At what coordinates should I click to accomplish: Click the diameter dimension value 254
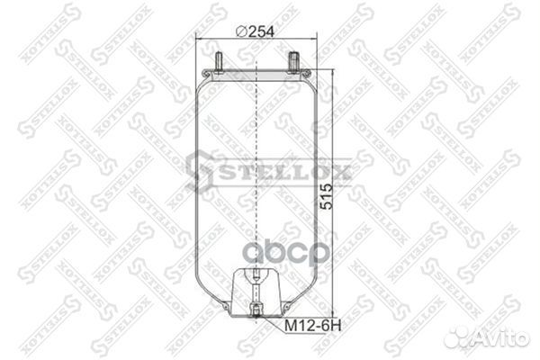[x=261, y=31]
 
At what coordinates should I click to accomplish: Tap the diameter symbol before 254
[x=240, y=31]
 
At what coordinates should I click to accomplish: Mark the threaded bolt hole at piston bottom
[x=256, y=310]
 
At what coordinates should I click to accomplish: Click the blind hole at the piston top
[x=256, y=276]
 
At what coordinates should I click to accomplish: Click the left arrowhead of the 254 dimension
[x=197, y=40]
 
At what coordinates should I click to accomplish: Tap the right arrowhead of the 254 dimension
[x=318, y=40]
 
